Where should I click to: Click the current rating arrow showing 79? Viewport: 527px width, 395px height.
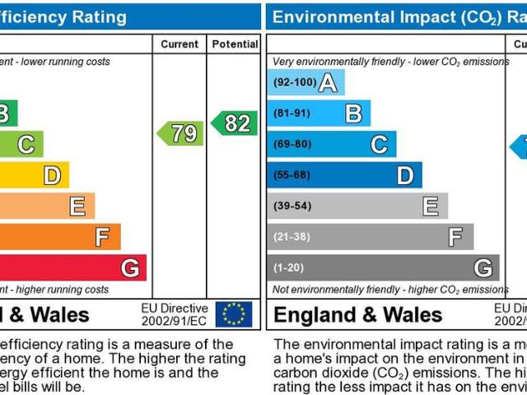[180, 133]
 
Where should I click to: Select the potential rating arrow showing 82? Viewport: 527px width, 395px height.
[234, 123]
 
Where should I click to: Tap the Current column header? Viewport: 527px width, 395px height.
[180, 44]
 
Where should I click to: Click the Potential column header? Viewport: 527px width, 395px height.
[235, 44]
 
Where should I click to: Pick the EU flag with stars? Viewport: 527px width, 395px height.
[233, 314]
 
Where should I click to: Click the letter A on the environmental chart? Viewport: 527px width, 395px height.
[328, 82]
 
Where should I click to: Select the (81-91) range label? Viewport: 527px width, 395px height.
[292, 114]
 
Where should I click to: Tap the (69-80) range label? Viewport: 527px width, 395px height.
[292, 145]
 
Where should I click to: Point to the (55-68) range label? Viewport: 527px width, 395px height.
[292, 175]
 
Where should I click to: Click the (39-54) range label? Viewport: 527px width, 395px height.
[292, 207]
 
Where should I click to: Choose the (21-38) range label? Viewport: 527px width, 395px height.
[292, 237]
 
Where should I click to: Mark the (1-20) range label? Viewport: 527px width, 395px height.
[289, 268]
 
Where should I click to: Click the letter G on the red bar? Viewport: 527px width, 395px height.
[129, 268]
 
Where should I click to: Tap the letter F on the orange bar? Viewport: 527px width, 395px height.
[102, 237]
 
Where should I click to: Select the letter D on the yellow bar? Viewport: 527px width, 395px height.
[52, 175]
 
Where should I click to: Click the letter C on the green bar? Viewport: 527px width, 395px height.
[26, 145]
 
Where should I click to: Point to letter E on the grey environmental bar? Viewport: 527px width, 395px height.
[430, 207]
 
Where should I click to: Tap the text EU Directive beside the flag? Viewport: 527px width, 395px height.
[175, 308]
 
